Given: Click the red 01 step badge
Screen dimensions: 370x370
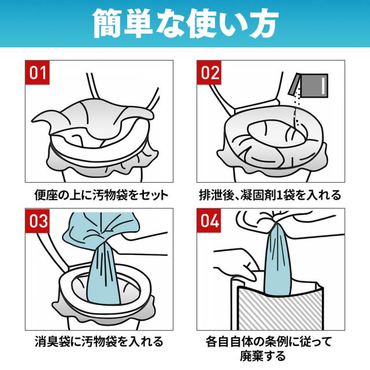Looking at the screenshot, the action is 38,72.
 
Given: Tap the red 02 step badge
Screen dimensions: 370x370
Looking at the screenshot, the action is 209,72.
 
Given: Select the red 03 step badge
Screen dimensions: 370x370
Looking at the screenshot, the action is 38,221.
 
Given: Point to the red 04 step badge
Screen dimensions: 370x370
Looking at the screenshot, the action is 209,221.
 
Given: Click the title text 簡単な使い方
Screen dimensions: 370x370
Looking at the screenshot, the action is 185,24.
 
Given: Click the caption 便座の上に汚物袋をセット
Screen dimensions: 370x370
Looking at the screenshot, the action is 102,195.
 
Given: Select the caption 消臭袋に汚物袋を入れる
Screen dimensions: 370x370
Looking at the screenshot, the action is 99,342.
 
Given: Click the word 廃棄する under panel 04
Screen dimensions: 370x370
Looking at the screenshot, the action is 262,356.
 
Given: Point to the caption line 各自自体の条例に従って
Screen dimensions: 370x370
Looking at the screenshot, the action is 269,342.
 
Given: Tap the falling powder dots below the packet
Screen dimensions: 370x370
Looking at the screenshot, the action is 297,111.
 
